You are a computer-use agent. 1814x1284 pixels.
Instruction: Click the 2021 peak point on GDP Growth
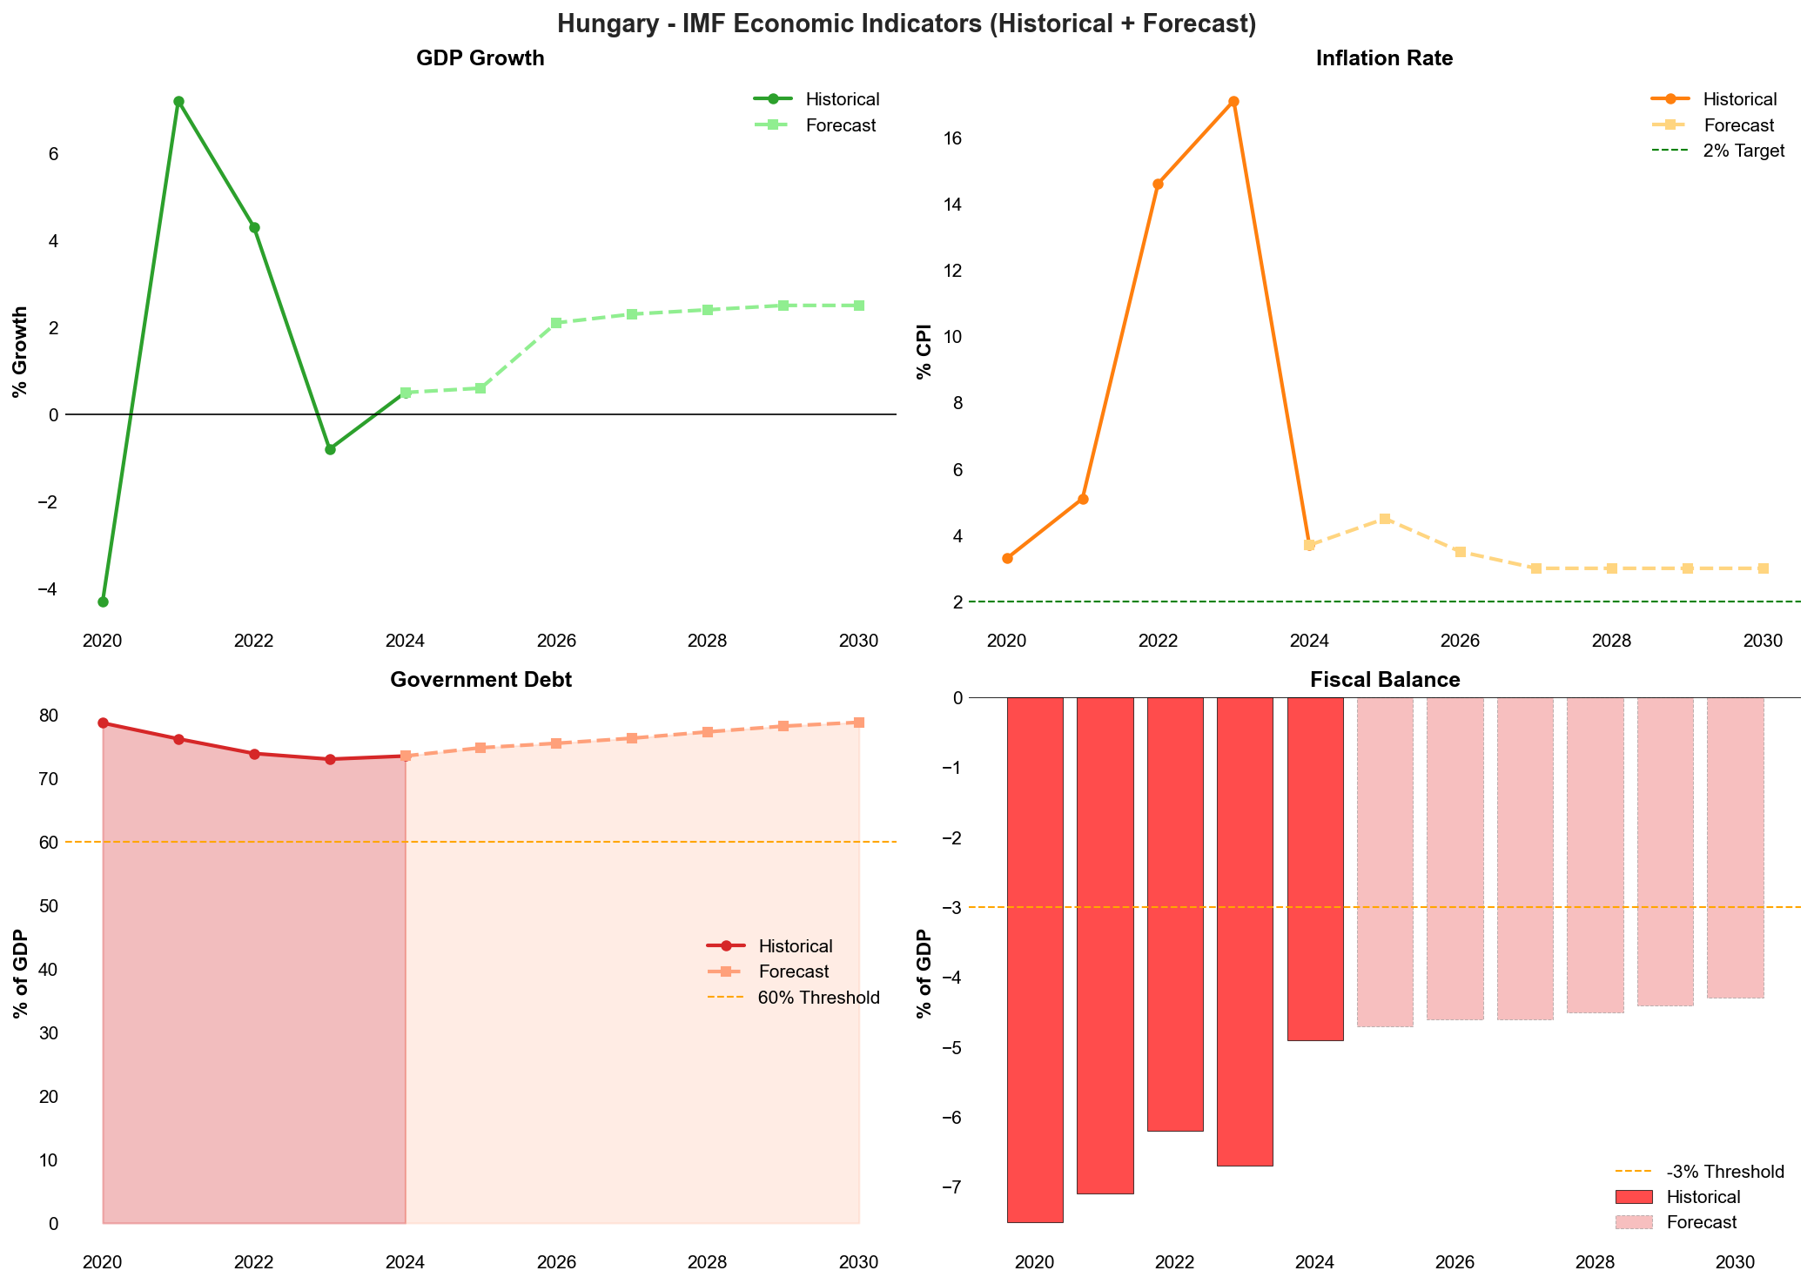coord(178,101)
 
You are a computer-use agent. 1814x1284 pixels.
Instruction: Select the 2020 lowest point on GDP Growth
coord(103,602)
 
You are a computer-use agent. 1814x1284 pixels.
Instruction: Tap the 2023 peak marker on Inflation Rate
coord(1233,101)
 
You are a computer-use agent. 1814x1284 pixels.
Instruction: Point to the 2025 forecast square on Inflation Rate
coord(1385,519)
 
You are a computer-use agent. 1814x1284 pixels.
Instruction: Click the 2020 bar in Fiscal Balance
coord(1035,958)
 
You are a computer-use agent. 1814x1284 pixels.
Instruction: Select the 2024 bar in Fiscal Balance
coord(1315,869)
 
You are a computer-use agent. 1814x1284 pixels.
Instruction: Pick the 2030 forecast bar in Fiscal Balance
coord(1735,847)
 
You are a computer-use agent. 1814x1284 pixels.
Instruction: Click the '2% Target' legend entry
coord(1743,151)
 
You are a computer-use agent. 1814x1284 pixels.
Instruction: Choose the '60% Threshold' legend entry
coord(818,998)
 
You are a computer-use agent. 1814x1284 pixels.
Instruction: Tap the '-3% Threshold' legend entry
coord(1724,1172)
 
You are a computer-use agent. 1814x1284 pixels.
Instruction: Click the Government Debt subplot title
coord(480,680)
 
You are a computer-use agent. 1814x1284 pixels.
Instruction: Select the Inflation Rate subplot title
coord(1384,58)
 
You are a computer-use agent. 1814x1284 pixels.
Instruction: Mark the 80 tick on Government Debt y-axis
coord(49,716)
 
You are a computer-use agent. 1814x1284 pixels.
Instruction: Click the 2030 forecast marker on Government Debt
coord(859,723)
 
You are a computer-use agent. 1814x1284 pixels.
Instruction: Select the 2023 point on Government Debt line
coord(330,759)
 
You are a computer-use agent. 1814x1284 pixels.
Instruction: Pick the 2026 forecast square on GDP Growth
coord(556,323)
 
